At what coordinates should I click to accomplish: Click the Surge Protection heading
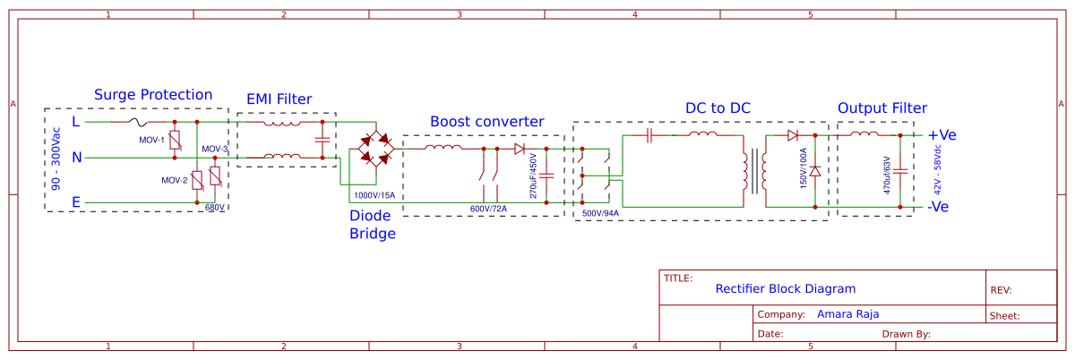(x=153, y=95)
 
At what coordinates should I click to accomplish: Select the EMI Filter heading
(x=279, y=99)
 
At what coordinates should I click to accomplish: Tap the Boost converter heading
(x=486, y=121)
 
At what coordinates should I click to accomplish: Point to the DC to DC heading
(x=718, y=108)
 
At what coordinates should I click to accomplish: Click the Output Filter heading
(x=882, y=108)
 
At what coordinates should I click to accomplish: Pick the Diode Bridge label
(x=372, y=225)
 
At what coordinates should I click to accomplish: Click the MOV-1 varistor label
(x=151, y=141)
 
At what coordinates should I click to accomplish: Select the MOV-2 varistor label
(x=174, y=180)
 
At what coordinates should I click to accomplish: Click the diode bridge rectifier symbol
(x=375, y=148)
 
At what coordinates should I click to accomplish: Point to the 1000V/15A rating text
(x=374, y=194)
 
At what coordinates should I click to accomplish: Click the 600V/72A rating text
(x=488, y=209)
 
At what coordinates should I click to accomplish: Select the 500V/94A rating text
(x=600, y=213)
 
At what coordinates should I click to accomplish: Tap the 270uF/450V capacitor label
(x=533, y=175)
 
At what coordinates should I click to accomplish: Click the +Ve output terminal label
(x=942, y=135)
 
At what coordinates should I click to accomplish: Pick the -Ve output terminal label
(x=940, y=206)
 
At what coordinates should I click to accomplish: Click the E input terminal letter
(x=76, y=203)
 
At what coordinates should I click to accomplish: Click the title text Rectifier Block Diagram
(x=785, y=289)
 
